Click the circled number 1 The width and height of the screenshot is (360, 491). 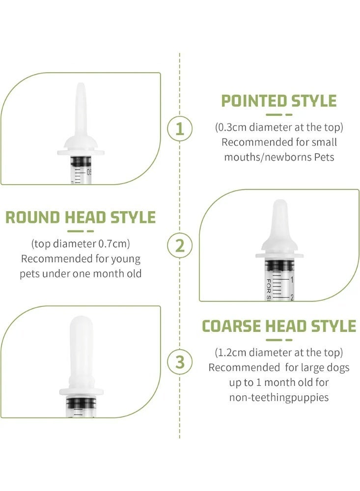pos(180,129)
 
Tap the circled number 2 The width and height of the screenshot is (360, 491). pos(180,245)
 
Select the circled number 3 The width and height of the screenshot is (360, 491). pos(180,362)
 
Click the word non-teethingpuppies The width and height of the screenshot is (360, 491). pos(278,397)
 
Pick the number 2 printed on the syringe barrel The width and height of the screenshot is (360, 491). pos(292,296)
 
